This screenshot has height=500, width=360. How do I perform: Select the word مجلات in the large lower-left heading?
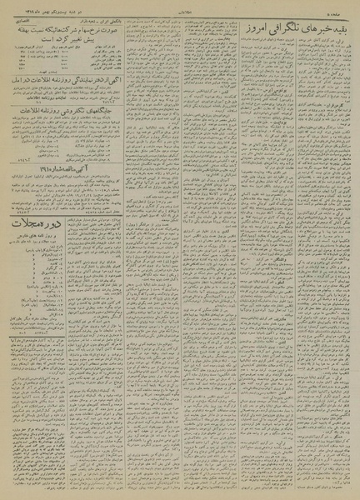click(x=25, y=223)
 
